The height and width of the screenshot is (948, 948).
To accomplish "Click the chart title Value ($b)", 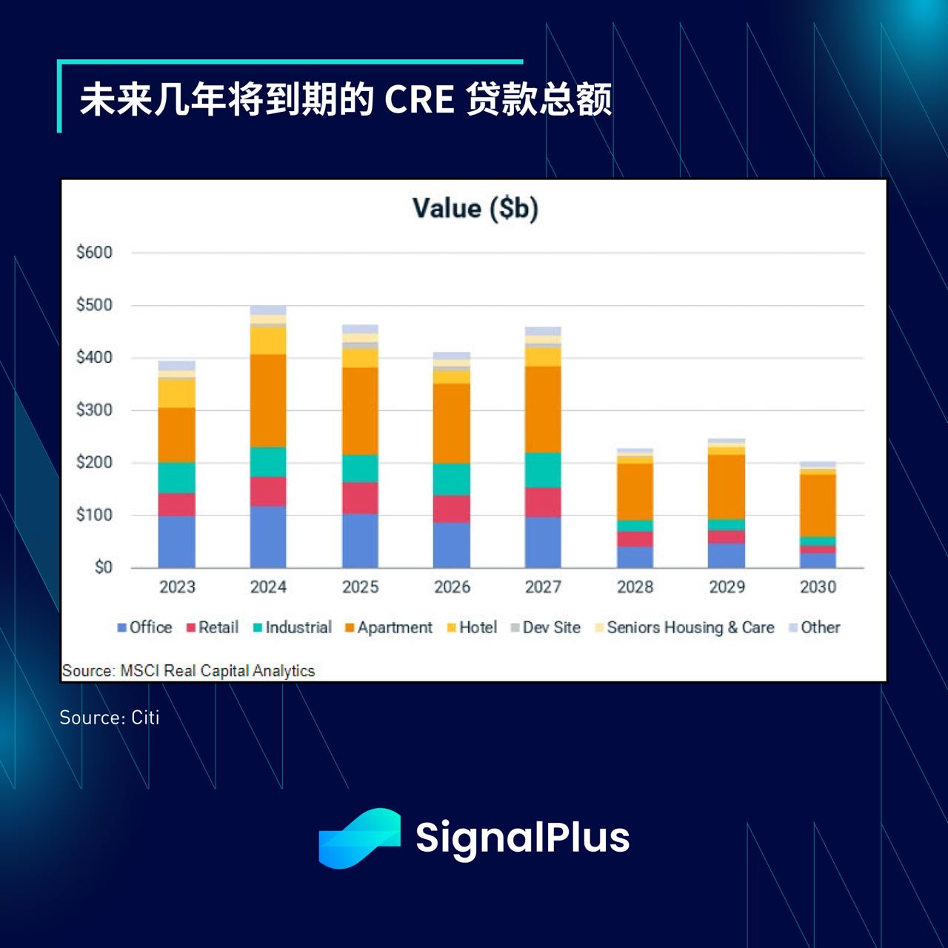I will [475, 208].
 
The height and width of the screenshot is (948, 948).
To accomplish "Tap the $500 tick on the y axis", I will [94, 305].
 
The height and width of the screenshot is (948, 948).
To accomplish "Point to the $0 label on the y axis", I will [103, 567].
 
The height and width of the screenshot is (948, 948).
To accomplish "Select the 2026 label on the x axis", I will [452, 587].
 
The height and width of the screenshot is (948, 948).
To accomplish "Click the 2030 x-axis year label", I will [818, 587].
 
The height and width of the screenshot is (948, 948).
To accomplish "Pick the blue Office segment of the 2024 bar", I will [268, 537].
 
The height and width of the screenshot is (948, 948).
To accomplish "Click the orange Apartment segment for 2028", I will [635, 491].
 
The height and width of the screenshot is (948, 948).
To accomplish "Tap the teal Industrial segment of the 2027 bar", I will [543, 470].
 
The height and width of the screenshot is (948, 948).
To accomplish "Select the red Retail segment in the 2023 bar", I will [177, 504].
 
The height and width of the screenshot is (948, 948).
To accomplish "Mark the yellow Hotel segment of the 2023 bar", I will [177, 393].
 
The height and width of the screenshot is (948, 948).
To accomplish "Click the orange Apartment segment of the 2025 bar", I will [360, 411].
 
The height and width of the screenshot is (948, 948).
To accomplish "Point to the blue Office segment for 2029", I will [727, 555].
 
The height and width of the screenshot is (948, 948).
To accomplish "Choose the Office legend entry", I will [144, 627].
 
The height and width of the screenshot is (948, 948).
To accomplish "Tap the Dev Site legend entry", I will [546, 627].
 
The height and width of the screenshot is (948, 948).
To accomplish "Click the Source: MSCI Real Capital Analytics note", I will [189, 671].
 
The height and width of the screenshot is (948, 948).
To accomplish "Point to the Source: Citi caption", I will [110, 718].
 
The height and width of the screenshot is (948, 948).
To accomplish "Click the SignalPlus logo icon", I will [359, 838].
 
